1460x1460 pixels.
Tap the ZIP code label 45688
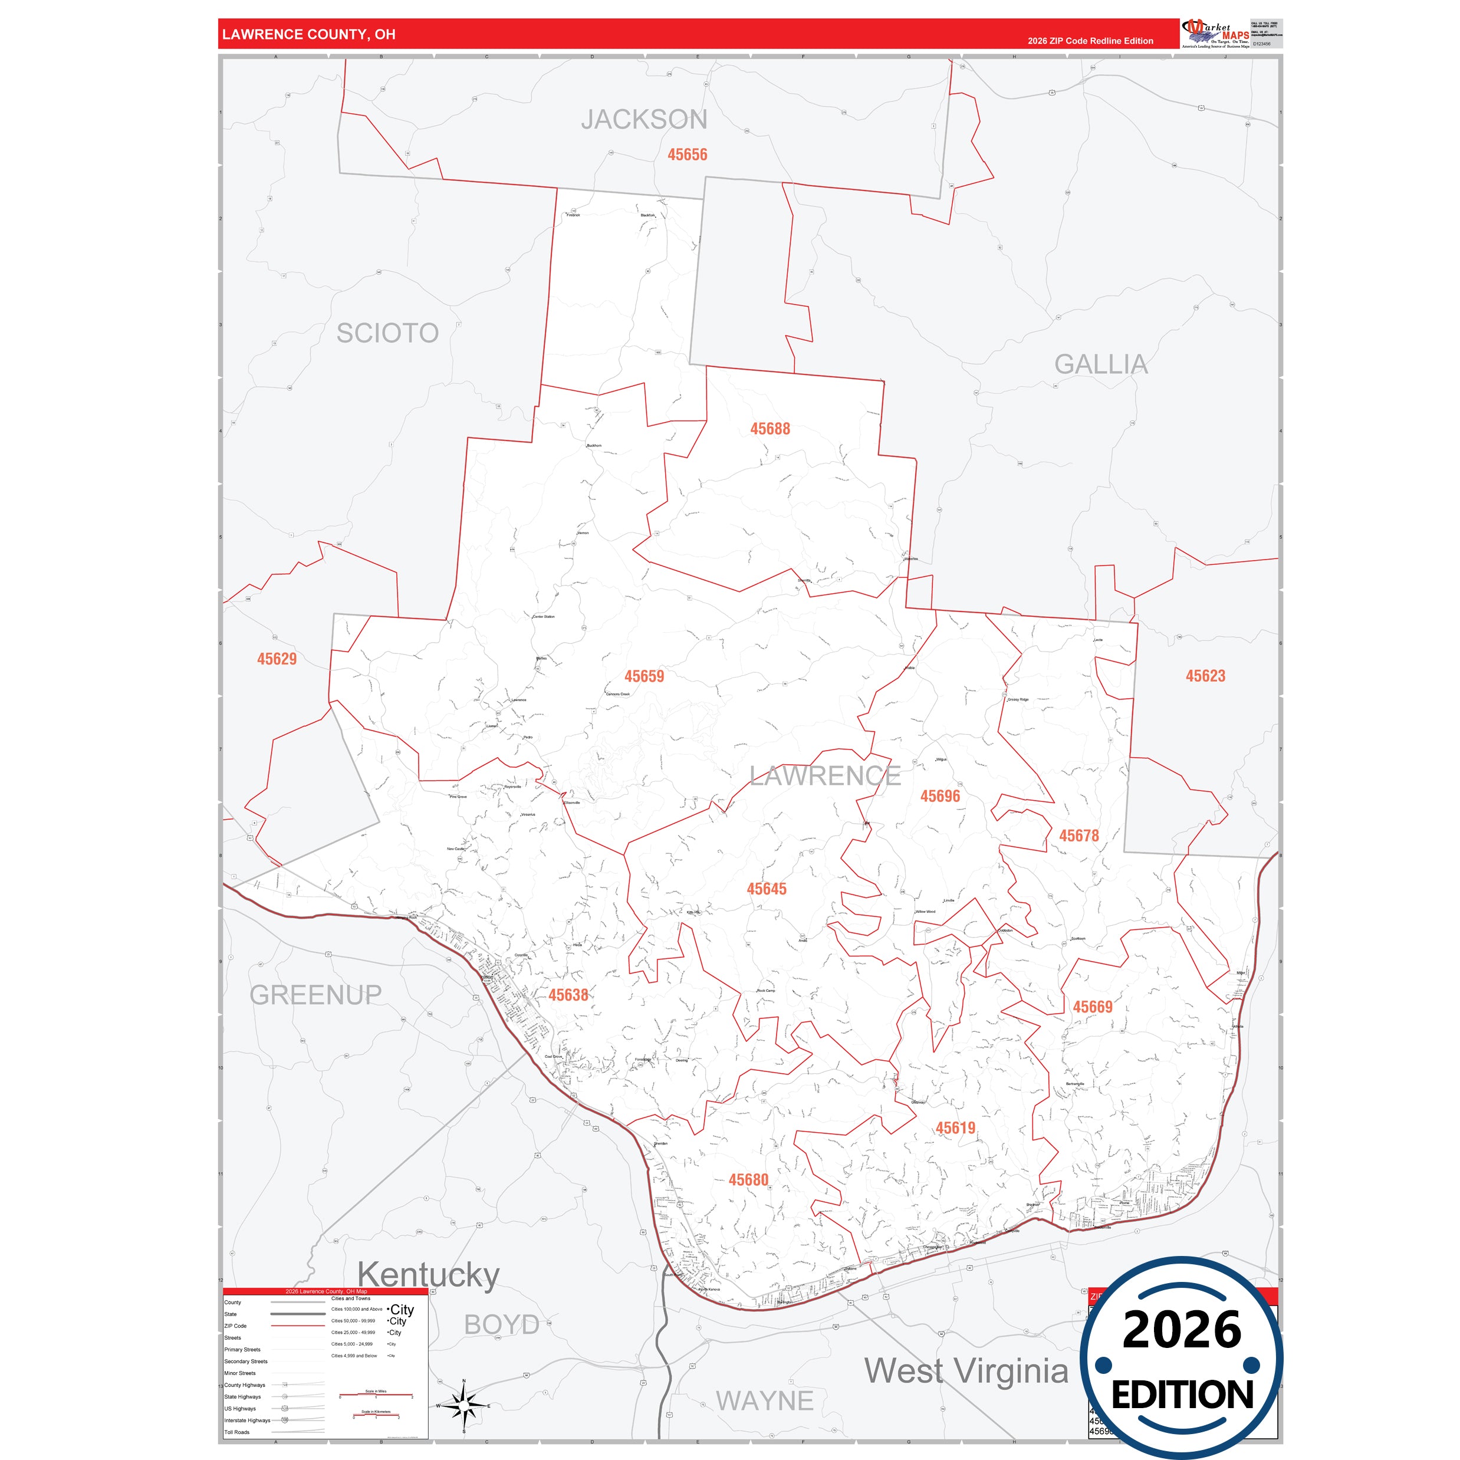[x=770, y=429]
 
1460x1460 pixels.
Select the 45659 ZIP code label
[x=644, y=676]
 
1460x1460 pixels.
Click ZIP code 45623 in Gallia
[x=1205, y=676]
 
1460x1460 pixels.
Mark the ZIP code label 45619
[x=955, y=1128]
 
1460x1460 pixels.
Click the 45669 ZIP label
[x=1092, y=1007]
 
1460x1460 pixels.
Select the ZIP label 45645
[x=767, y=889]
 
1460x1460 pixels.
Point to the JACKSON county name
[x=644, y=119]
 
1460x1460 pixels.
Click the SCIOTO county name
[x=387, y=333]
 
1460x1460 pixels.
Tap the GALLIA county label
[x=1100, y=365]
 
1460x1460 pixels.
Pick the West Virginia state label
[x=966, y=1371]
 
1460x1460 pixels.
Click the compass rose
[x=464, y=1406]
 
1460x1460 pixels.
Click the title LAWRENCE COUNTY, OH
[x=308, y=35]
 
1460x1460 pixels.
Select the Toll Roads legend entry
[x=236, y=1432]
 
